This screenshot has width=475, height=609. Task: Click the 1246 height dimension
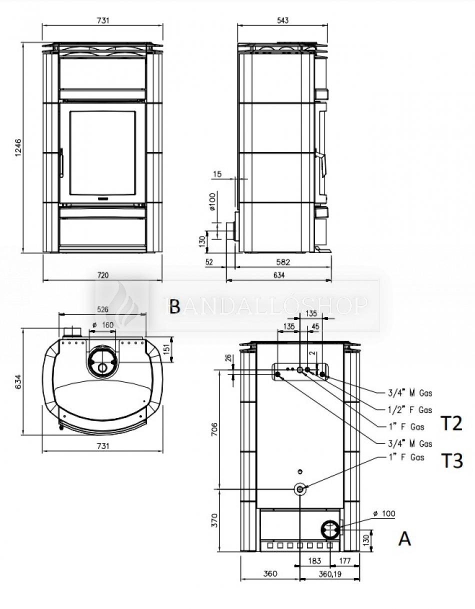pyautogui.click(x=18, y=147)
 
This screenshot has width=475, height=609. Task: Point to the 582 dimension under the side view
pyautogui.click(x=282, y=261)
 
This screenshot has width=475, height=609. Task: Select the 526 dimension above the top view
pyautogui.click(x=102, y=309)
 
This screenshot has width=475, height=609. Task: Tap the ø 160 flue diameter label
pyautogui.click(x=103, y=325)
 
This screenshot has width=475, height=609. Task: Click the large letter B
pyautogui.click(x=174, y=306)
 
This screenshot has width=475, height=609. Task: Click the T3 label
pyautogui.click(x=451, y=460)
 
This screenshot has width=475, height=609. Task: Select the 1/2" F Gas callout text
pyautogui.click(x=410, y=410)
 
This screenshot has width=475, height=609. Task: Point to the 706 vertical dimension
pyautogui.click(x=214, y=429)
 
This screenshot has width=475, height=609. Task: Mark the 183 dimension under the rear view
pyautogui.click(x=314, y=561)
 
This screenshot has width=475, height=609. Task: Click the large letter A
pyautogui.click(x=404, y=538)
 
